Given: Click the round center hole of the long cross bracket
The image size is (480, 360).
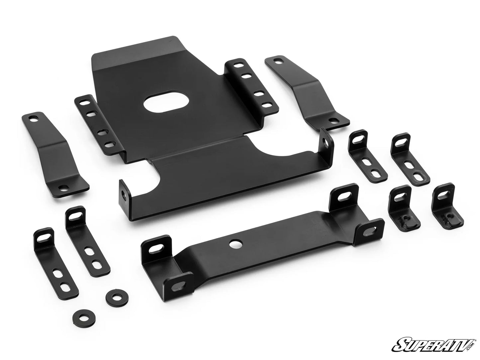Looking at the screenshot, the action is pos(236,244).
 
